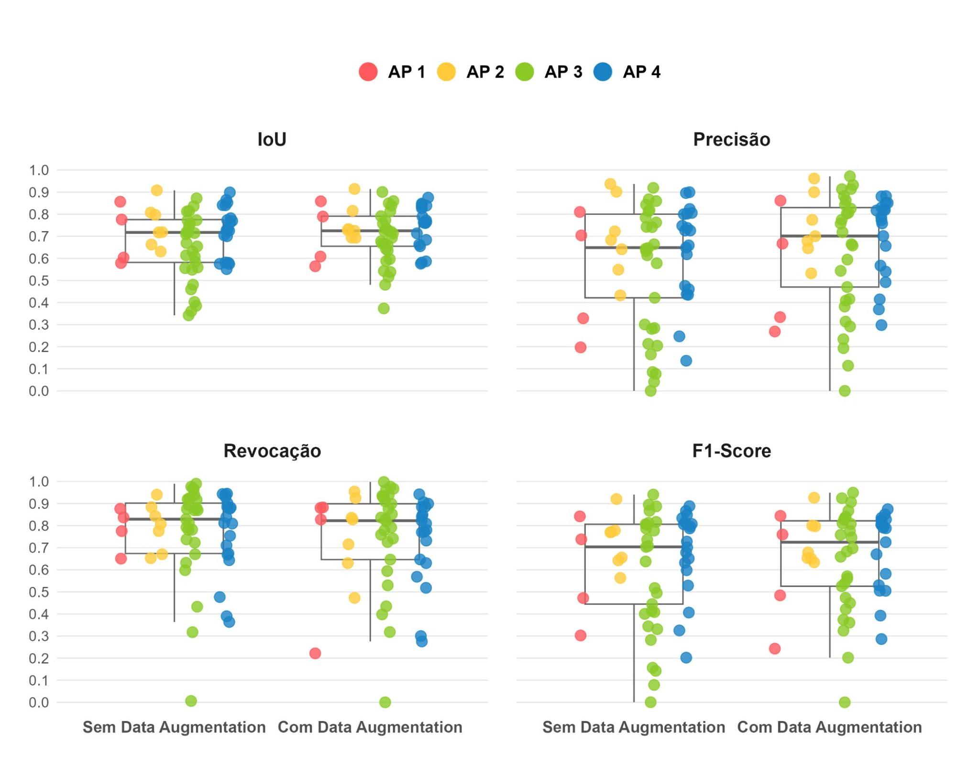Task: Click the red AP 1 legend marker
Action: (x=368, y=72)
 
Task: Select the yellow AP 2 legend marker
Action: (x=446, y=72)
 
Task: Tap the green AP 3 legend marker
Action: (x=525, y=72)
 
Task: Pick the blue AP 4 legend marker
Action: (x=603, y=72)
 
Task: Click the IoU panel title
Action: (x=272, y=139)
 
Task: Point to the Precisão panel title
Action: (x=731, y=139)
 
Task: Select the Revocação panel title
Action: (x=272, y=451)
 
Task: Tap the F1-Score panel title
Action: (x=731, y=451)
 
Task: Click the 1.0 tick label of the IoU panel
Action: (x=39, y=170)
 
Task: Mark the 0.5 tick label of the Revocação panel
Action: (x=39, y=592)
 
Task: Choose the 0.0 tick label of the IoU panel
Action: (x=39, y=391)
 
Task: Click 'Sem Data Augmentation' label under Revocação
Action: (x=174, y=727)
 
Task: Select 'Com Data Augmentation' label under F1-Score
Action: (x=829, y=727)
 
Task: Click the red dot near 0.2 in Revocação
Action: (x=315, y=653)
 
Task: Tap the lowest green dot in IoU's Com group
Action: (x=384, y=309)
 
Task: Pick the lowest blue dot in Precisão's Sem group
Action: (x=686, y=361)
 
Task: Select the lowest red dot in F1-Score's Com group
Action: (x=775, y=649)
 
